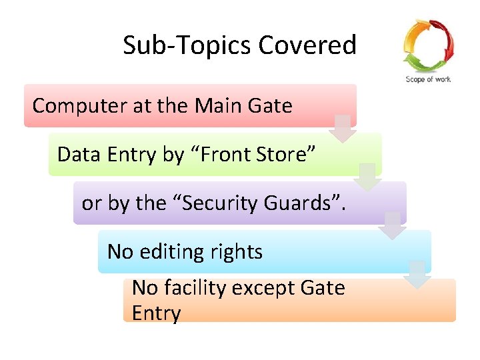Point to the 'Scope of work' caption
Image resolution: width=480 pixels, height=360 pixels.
tap(428, 79)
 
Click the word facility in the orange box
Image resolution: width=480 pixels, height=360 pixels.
tap(191, 288)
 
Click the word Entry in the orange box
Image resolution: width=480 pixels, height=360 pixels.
tap(156, 313)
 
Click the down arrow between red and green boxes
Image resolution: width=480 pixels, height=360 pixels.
tap(342, 129)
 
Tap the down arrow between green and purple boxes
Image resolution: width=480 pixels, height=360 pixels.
tap(367, 177)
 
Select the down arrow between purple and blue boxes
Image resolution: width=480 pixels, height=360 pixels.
tap(392, 225)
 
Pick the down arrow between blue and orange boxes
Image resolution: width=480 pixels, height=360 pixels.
tap(417, 274)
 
